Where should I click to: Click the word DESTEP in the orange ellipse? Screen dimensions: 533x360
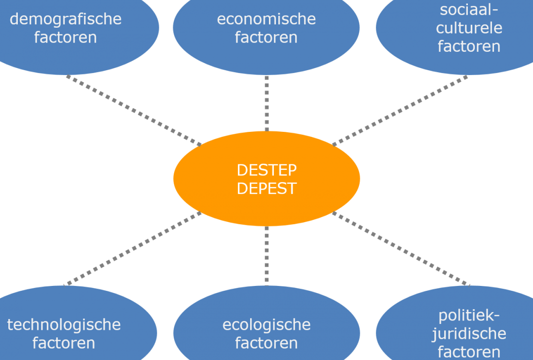[266, 170]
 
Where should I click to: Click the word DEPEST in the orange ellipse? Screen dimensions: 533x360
[266, 189]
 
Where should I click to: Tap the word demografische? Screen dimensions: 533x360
[66, 20]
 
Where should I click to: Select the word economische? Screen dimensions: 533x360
[266, 19]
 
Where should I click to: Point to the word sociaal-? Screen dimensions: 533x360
[469, 9]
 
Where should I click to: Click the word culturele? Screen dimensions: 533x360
[469, 28]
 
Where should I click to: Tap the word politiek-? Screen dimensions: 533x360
[469, 316]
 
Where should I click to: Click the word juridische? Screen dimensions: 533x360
[469, 334]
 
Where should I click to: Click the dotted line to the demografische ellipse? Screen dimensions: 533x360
[134, 111]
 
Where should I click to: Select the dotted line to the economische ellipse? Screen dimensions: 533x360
[266, 103]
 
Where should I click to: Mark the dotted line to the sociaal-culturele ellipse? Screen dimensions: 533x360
[400, 111]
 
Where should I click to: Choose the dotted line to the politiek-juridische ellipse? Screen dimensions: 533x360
[401, 248]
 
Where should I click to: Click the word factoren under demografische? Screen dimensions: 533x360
[66, 38]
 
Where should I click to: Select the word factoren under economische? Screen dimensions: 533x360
[266, 38]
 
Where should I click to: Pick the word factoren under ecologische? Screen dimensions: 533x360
[266, 343]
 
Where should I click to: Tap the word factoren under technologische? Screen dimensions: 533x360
[64, 343]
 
